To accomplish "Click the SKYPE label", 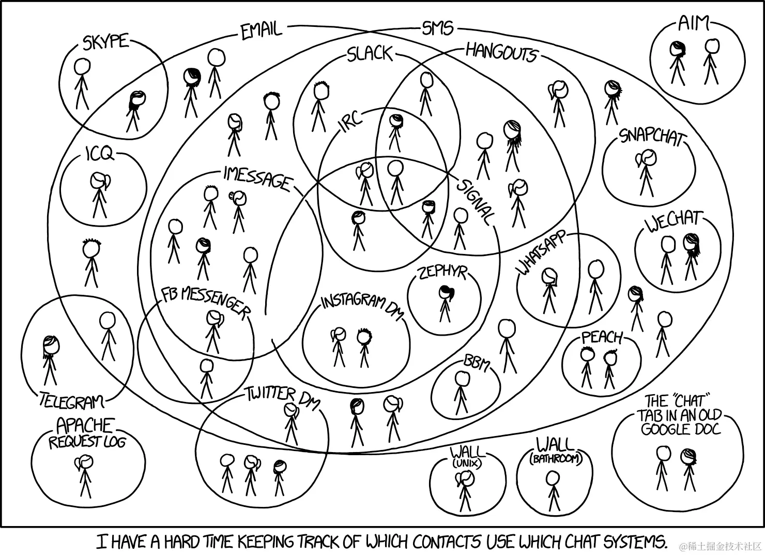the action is click(x=105, y=42).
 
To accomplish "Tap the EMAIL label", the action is click(x=261, y=31).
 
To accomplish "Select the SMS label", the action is click(x=437, y=28).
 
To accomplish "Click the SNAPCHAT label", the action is click(x=652, y=137).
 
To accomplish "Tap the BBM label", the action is click(x=477, y=363).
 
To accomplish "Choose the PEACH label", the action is click(x=603, y=337).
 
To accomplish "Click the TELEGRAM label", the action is click(x=71, y=400).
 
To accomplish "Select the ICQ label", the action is click(x=99, y=154).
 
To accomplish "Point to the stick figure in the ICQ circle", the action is click(x=100, y=195).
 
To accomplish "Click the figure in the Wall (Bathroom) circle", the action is click(x=553, y=491).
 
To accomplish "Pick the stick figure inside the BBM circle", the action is click(x=462, y=393).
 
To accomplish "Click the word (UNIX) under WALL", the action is click(x=467, y=463).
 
